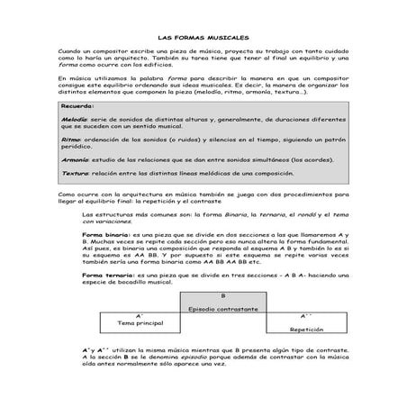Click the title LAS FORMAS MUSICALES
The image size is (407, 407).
pos(203,39)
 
